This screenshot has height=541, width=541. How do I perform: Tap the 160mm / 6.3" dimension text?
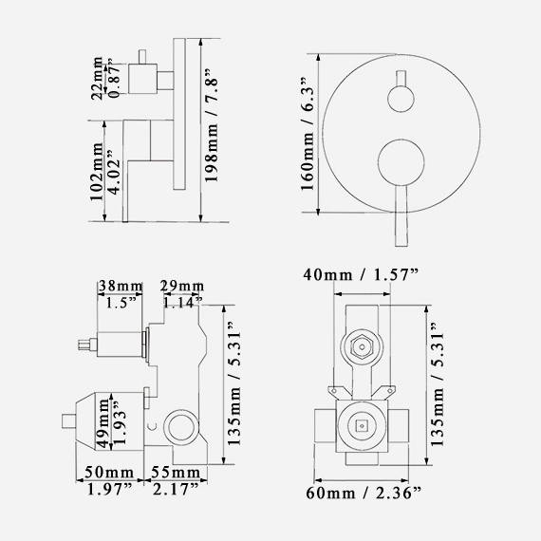pos(308,135)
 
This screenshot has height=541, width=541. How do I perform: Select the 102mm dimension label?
pos(97,171)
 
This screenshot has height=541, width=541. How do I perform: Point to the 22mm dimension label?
pos(97,78)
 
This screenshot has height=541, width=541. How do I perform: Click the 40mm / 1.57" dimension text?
pos(361,274)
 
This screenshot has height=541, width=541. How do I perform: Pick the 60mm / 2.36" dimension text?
pos(364,493)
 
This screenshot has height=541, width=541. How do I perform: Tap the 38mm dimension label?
pos(121,286)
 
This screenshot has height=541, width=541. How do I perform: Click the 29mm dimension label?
pos(182,286)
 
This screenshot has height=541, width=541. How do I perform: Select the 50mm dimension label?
pos(109,473)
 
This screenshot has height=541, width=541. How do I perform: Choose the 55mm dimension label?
pos(176,473)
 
